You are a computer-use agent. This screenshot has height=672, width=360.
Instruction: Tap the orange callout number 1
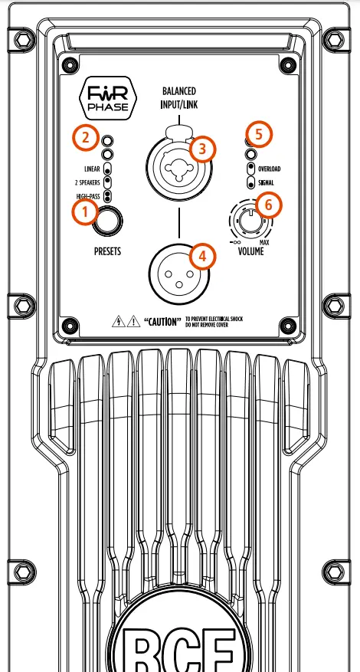tap(85, 211)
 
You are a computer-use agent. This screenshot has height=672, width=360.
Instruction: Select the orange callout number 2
tap(85, 139)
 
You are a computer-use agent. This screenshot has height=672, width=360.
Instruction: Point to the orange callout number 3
tap(202, 149)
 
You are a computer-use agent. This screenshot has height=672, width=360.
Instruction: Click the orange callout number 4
tap(201, 255)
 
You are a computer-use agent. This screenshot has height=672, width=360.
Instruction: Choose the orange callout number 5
tap(258, 135)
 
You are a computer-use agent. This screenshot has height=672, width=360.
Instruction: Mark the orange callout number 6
tap(268, 205)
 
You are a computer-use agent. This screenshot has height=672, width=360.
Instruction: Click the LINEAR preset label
tap(92, 169)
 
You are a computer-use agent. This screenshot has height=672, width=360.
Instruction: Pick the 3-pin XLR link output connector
tap(178, 270)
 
